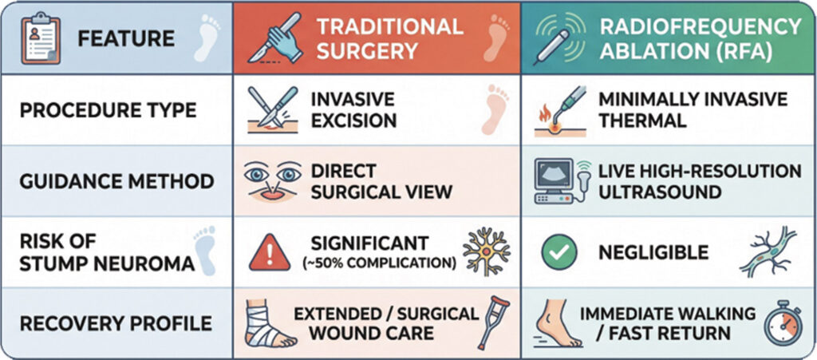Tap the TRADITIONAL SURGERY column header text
tap(389, 38)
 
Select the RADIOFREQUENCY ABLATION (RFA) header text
tap(701, 38)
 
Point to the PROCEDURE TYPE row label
tap(109, 110)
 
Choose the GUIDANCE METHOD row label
tap(116, 181)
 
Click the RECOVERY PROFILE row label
tap(116, 323)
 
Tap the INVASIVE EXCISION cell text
tap(353, 110)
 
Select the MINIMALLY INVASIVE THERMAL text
tap(693, 110)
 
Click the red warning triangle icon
tap(269, 253)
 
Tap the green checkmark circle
tap(559, 253)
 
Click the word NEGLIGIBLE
tap(653, 253)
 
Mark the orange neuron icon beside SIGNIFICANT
tap(487, 251)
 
